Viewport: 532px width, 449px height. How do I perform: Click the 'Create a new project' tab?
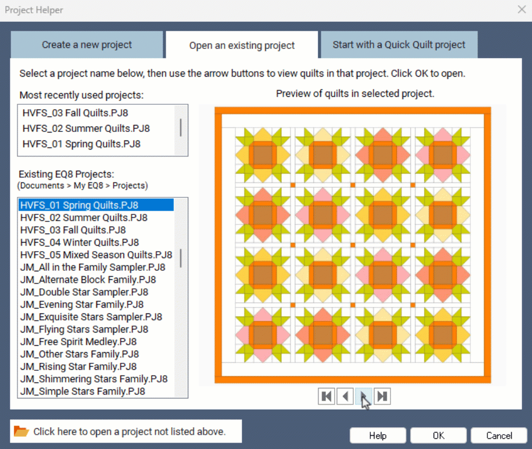(x=87, y=45)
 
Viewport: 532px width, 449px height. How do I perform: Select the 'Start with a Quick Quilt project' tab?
(x=399, y=45)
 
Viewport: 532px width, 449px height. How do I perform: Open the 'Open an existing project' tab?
(x=242, y=45)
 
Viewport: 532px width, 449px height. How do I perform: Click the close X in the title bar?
(x=522, y=10)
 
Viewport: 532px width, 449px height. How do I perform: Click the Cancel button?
(x=499, y=435)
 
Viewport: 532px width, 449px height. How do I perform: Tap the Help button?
(x=378, y=435)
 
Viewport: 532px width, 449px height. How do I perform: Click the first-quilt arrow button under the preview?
(x=327, y=396)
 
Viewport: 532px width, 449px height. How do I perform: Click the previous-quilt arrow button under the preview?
(x=345, y=396)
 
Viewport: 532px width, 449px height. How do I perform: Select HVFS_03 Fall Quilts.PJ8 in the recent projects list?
(x=76, y=113)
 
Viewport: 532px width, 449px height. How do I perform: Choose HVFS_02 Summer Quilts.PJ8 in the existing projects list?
(x=84, y=218)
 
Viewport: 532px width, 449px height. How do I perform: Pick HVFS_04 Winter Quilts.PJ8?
(x=79, y=242)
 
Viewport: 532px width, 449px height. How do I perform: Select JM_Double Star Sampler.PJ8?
(x=84, y=292)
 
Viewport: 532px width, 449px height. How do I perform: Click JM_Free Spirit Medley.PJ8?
(x=78, y=342)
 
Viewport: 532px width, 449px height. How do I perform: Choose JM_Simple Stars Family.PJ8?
(x=82, y=392)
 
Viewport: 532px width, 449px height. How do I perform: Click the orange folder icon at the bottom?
(x=21, y=431)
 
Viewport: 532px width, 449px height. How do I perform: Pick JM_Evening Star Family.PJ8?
(x=82, y=304)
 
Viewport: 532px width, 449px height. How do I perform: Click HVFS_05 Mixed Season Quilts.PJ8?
(x=96, y=254)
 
